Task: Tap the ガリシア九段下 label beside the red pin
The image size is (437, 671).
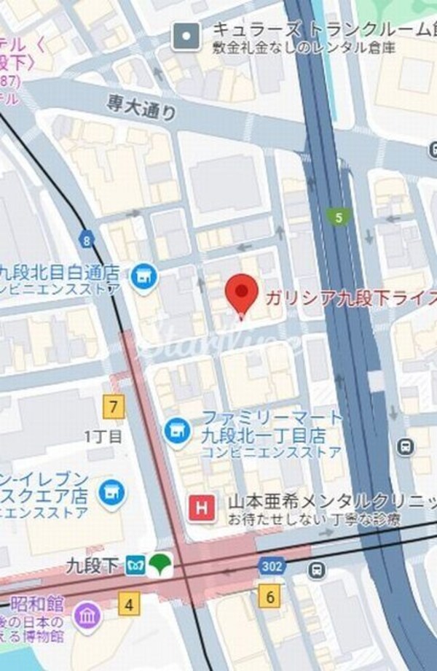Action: [350, 298]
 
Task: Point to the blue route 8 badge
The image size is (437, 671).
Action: [87, 239]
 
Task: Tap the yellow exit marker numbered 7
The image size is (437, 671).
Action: [113, 406]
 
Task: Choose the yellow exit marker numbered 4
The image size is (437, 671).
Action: [130, 604]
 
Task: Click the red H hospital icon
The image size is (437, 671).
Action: [202, 508]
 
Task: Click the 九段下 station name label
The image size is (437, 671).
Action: [92, 565]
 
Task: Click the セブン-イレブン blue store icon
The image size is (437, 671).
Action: [111, 490]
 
